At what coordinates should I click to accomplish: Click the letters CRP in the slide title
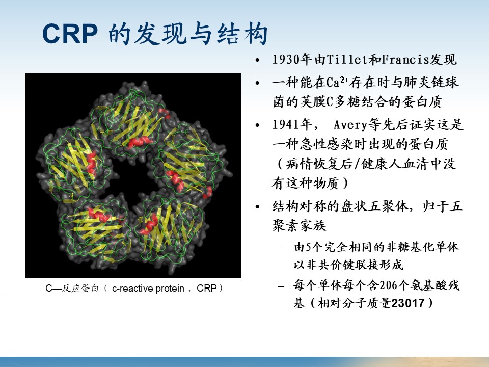tap(70, 34)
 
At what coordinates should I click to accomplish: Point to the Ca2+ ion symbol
tap(338, 82)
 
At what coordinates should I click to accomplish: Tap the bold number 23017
tap(407, 303)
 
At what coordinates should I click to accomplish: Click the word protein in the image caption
tap(170, 289)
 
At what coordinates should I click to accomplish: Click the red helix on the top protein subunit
tap(137, 142)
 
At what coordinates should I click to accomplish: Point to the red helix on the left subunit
tap(91, 163)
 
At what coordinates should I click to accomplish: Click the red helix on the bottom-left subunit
tap(99, 215)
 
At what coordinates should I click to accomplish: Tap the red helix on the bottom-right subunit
tap(149, 224)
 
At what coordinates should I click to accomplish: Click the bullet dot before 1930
tap(257, 60)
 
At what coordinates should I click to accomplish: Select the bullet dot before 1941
tap(257, 125)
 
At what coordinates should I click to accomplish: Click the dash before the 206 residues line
tap(281, 286)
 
